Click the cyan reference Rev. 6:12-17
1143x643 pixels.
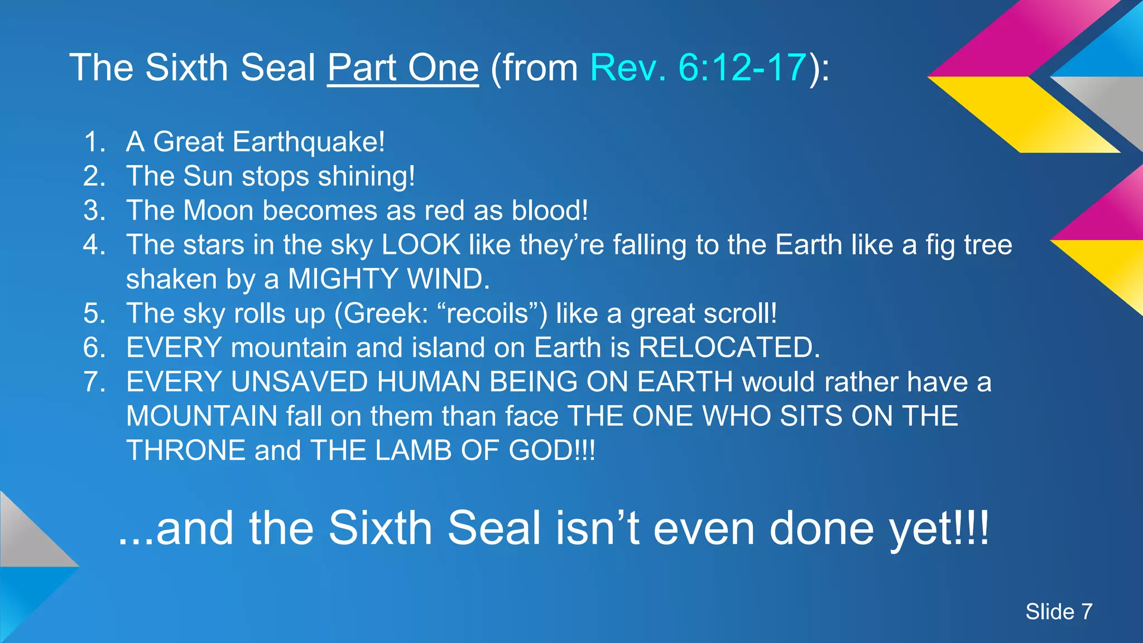(x=698, y=68)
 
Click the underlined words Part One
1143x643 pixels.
(x=402, y=68)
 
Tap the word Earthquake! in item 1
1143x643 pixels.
(x=308, y=142)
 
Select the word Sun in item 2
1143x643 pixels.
(x=208, y=176)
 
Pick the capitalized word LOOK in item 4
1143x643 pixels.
(x=421, y=245)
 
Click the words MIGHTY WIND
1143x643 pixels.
(x=388, y=279)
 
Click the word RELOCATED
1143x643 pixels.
(x=729, y=348)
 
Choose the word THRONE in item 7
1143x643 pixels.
(x=186, y=450)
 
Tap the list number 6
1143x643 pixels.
(x=94, y=348)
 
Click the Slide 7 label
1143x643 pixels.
(x=1058, y=612)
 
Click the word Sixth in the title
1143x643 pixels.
(x=187, y=68)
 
